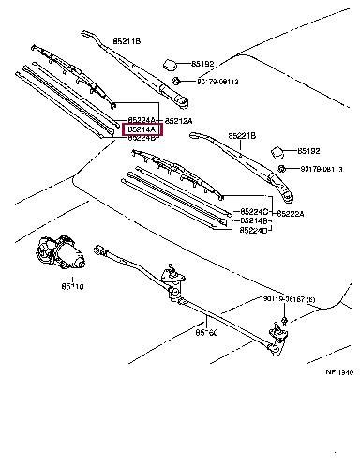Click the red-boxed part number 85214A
coord(142,129)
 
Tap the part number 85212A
coord(178,121)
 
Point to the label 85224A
coord(142,120)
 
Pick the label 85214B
coord(254,221)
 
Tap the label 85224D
coord(254,230)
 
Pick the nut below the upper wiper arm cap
coord(174,82)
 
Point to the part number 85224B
coord(142,138)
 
